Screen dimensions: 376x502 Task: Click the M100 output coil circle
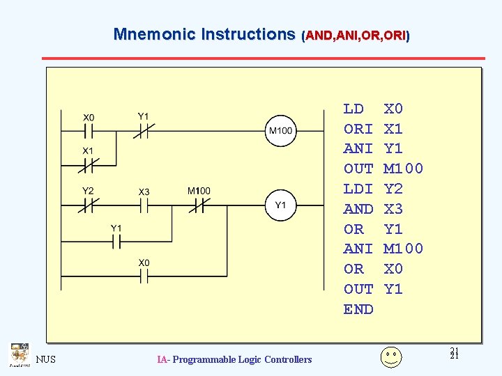(280, 130)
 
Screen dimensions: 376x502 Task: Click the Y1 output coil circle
(280, 205)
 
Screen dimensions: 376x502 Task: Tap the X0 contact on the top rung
(89, 130)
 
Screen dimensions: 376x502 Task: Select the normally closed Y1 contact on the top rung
(144, 130)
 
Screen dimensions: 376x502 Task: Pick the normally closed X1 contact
(89, 165)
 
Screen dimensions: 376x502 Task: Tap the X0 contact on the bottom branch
(144, 276)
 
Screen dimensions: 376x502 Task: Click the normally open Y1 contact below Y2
(116, 242)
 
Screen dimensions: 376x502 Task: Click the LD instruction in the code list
(353, 109)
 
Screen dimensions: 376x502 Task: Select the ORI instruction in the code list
(358, 130)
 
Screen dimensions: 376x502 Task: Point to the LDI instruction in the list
(358, 189)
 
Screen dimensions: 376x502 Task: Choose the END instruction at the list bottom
(358, 309)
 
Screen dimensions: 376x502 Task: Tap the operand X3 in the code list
(394, 210)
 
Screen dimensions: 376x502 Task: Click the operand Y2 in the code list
(394, 189)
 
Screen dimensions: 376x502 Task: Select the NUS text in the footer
(46, 359)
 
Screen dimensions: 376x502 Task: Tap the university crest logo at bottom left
(19, 354)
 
